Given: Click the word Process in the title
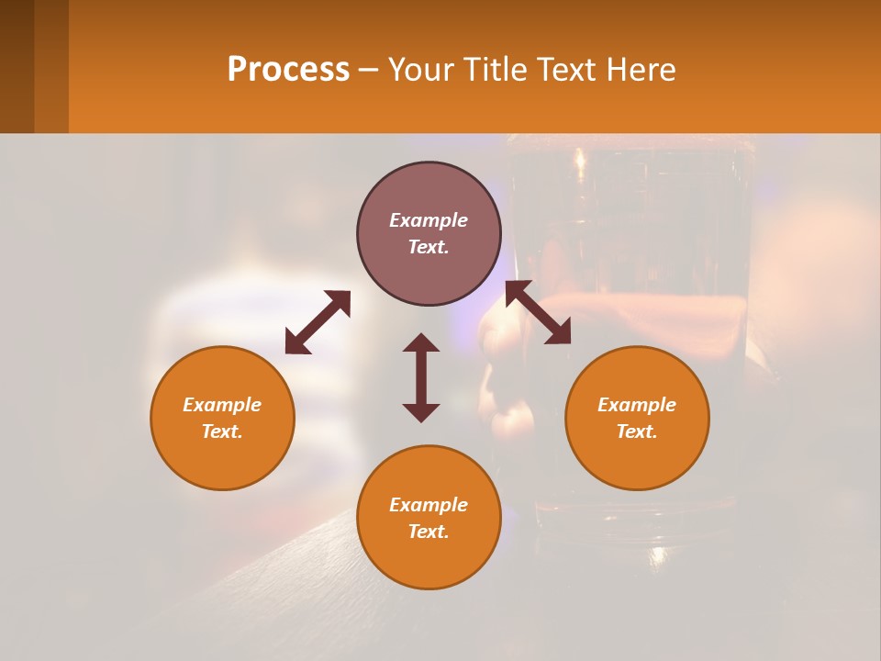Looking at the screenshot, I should pyautogui.click(x=288, y=70).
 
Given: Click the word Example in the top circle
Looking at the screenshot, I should pyautogui.click(x=429, y=220).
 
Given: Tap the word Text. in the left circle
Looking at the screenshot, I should pyautogui.click(x=222, y=431).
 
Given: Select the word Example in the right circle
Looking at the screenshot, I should pyautogui.click(x=637, y=405).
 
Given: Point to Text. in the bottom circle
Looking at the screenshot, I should pyautogui.click(x=429, y=532).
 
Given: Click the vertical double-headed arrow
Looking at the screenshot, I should pyautogui.click(x=421, y=377).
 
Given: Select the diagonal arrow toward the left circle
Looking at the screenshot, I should pyautogui.click(x=318, y=322).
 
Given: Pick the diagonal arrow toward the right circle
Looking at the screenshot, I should pyautogui.click(x=538, y=313).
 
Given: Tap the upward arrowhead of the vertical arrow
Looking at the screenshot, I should pyautogui.click(x=421, y=342).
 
